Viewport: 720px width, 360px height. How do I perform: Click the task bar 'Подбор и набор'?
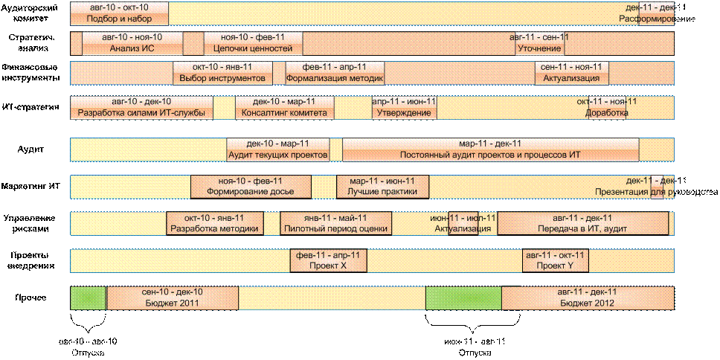[119, 13]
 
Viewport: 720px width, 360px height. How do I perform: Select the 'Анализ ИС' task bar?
[132, 43]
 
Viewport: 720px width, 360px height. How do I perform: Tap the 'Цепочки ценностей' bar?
[253, 43]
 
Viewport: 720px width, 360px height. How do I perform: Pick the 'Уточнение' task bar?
[539, 43]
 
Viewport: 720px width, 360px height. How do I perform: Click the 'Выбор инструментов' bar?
[222, 72]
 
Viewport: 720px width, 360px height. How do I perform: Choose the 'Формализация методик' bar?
[335, 72]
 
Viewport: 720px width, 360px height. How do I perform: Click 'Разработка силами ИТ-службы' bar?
[141, 107]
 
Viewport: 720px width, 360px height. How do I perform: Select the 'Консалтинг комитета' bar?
[283, 107]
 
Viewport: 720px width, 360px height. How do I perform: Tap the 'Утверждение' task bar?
[404, 107]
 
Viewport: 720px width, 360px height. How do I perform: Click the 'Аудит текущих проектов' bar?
[277, 150]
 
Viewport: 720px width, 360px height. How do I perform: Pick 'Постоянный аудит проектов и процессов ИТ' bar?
[489, 150]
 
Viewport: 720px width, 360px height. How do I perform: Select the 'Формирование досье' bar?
[250, 186]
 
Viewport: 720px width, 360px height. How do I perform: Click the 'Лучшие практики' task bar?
[382, 186]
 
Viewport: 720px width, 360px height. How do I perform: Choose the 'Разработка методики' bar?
[214, 223]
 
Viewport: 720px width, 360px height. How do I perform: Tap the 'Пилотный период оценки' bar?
[336, 223]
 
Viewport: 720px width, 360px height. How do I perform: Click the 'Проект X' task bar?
[328, 260]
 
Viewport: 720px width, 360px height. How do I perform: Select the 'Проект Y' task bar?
[556, 260]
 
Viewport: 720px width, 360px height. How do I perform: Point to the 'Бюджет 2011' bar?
[172, 298]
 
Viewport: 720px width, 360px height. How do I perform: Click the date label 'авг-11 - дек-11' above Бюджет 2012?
[587, 292]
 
